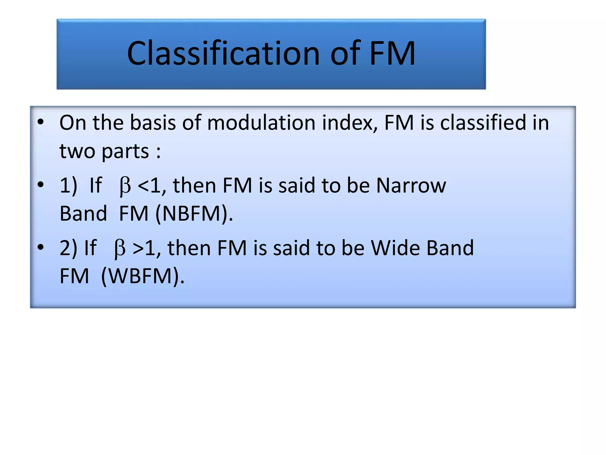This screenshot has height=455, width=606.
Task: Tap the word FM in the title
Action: pos(392,54)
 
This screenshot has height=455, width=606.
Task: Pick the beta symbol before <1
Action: pos(125,186)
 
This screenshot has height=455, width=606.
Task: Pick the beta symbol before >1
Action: pos(120,249)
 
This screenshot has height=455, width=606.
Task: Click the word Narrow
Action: pos(411,186)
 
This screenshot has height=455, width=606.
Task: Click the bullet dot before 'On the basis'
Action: pos(41,122)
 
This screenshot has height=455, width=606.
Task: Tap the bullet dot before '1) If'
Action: pos(41,185)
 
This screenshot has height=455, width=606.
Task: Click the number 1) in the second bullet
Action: pos(68,186)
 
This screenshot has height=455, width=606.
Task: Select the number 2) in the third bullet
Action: pos(68,249)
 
